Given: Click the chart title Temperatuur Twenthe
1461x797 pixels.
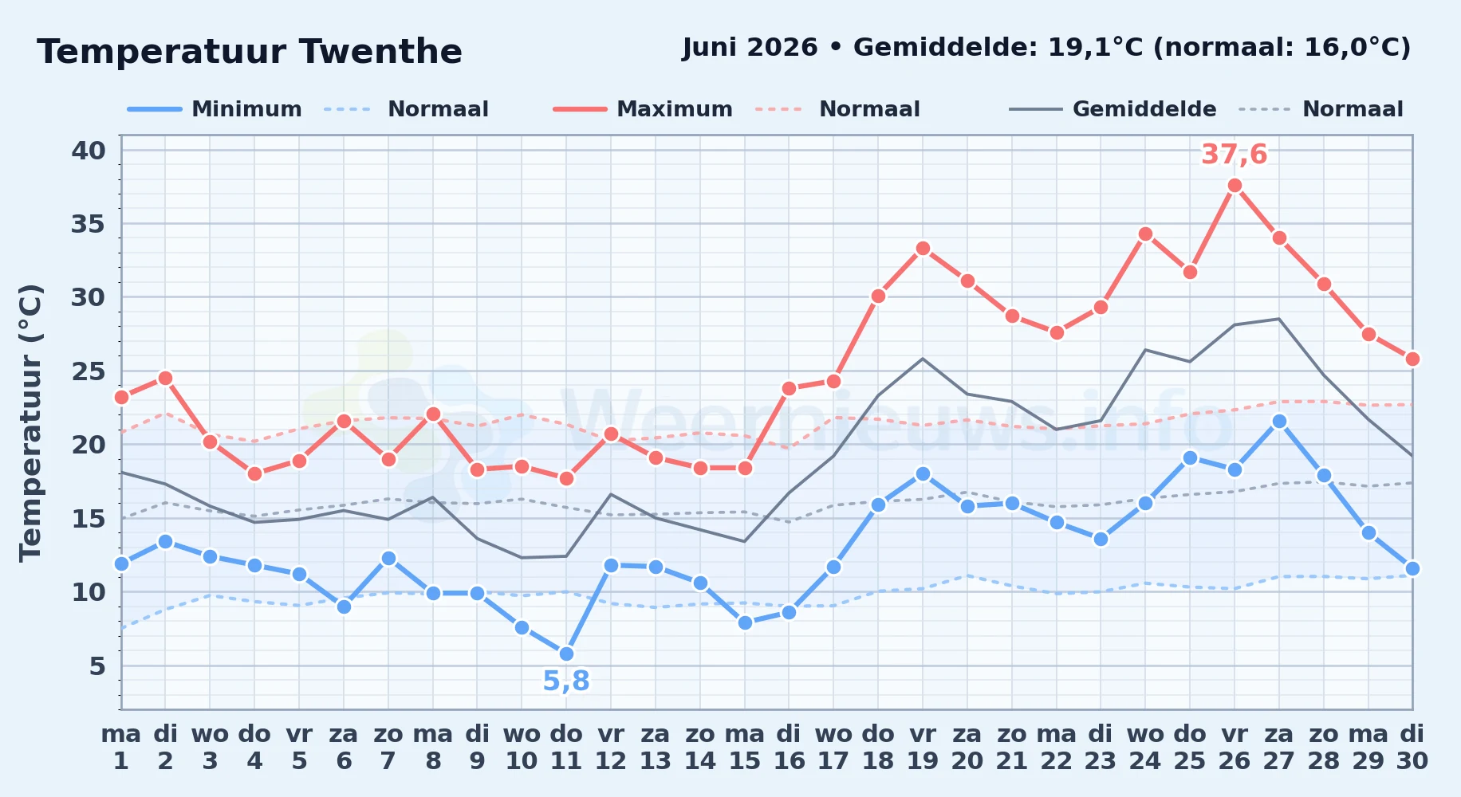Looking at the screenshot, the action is point(250,53).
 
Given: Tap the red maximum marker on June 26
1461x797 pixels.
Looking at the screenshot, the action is point(1235,186).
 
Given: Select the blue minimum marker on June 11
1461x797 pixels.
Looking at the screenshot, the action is point(566,654).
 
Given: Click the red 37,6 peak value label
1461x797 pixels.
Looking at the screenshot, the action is point(1235,155).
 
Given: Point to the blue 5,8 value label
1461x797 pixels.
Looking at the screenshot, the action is point(566,681).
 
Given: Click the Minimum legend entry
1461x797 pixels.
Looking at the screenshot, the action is point(215,109).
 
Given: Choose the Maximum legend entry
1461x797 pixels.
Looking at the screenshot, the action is point(644,109).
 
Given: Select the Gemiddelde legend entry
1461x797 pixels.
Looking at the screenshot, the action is point(1113,109).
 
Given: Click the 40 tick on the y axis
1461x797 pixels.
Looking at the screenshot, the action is point(89,151).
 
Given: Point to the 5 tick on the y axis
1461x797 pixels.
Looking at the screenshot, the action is point(97,665).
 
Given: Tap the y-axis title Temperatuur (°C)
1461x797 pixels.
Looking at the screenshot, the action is point(30,423).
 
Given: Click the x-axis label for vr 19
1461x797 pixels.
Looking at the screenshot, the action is point(923,748).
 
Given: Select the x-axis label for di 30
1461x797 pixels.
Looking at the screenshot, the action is point(1412,748).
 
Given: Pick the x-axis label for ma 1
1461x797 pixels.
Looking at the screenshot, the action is point(121,748).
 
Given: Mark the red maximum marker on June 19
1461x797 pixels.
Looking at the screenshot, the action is point(923,249).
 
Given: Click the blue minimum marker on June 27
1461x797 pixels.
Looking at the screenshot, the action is point(1279,421).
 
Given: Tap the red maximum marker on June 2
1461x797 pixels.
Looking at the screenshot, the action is point(165,378).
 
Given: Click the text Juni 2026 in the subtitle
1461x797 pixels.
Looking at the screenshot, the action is point(750,48).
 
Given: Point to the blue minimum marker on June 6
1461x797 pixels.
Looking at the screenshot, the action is point(344,607).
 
